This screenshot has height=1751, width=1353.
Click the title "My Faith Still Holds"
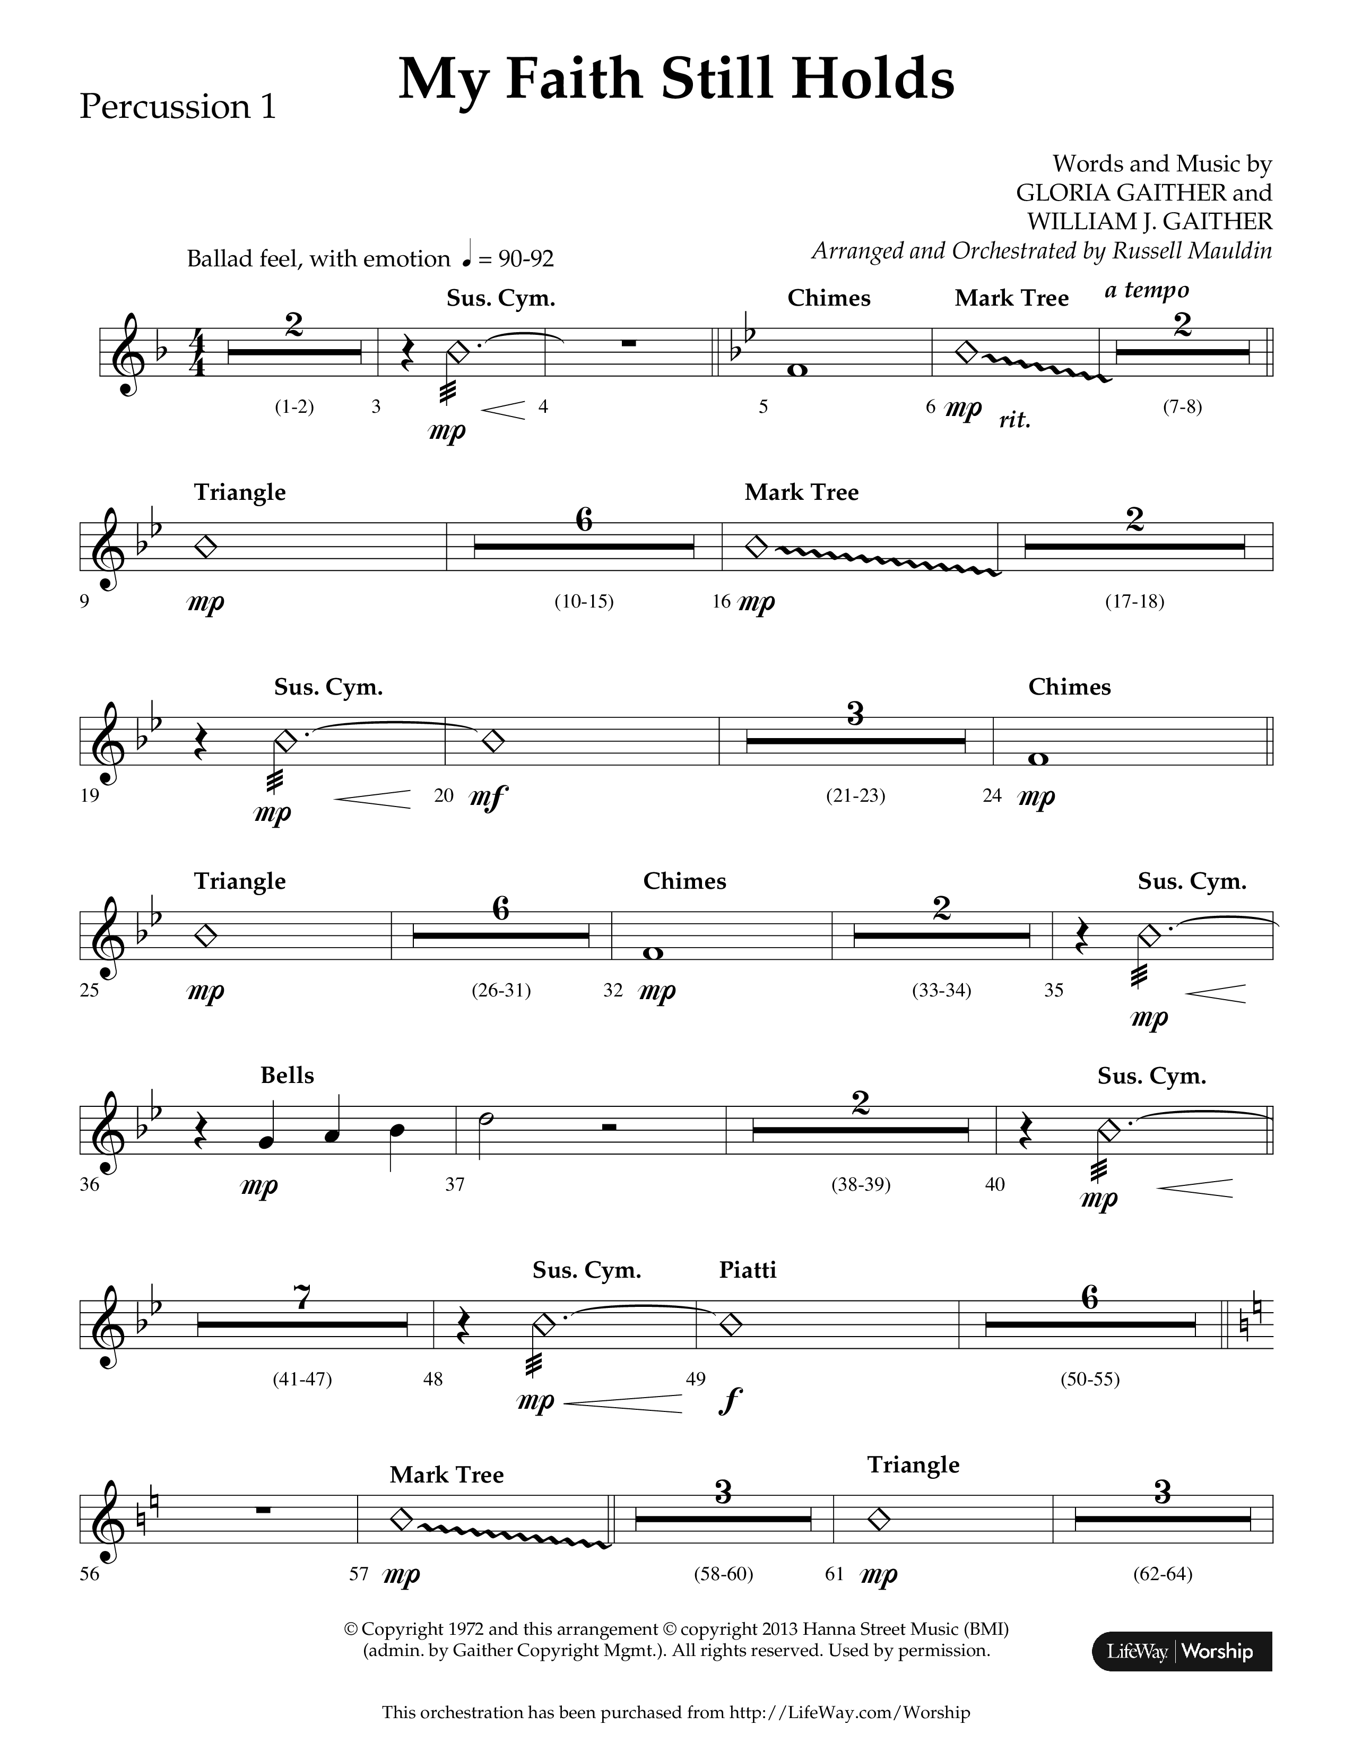(x=675, y=80)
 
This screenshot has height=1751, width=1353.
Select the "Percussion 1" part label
(x=177, y=107)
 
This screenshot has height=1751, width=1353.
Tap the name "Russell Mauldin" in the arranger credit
(x=1192, y=251)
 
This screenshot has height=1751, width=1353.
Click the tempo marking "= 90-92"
(x=515, y=259)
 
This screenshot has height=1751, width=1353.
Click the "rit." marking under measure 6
(x=1014, y=420)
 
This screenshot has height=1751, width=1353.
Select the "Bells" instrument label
(x=287, y=1075)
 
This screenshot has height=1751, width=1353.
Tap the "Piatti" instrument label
(x=747, y=1270)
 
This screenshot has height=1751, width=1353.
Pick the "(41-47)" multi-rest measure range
(x=302, y=1379)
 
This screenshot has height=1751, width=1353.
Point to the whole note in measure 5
(x=797, y=370)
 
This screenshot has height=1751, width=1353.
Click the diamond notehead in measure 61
(x=879, y=1519)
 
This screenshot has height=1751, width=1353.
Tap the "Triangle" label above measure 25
(x=240, y=881)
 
